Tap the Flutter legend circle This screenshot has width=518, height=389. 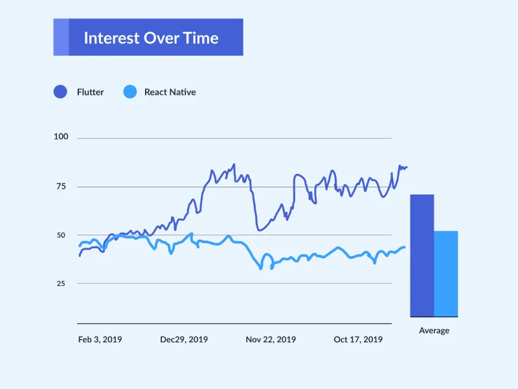point(60,92)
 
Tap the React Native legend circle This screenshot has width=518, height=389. point(130,92)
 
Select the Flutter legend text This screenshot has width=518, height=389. point(90,92)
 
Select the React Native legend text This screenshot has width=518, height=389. point(170,92)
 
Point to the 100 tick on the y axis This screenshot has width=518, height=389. point(62,137)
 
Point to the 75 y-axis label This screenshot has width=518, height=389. point(62,187)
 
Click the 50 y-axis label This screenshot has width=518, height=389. point(62,235)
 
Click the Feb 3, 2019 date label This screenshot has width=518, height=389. point(100,339)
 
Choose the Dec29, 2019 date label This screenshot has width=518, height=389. point(184,339)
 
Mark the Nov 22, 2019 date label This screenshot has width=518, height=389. point(271,339)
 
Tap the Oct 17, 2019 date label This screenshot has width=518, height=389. point(357,339)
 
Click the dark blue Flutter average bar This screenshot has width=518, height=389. point(422,255)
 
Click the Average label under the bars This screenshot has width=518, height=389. point(434,331)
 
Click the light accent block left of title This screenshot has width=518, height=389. point(60,37)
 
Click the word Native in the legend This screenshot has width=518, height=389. point(182,92)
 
